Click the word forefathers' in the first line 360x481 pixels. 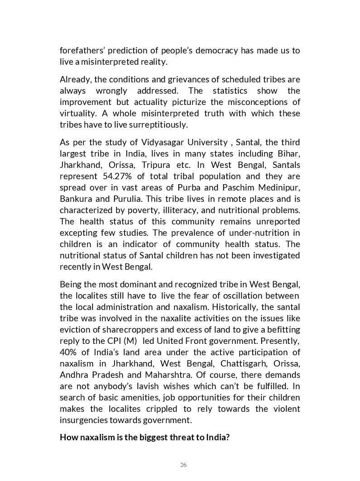coord(82,50)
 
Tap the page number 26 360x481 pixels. coord(183,465)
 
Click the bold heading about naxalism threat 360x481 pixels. coord(145,438)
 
